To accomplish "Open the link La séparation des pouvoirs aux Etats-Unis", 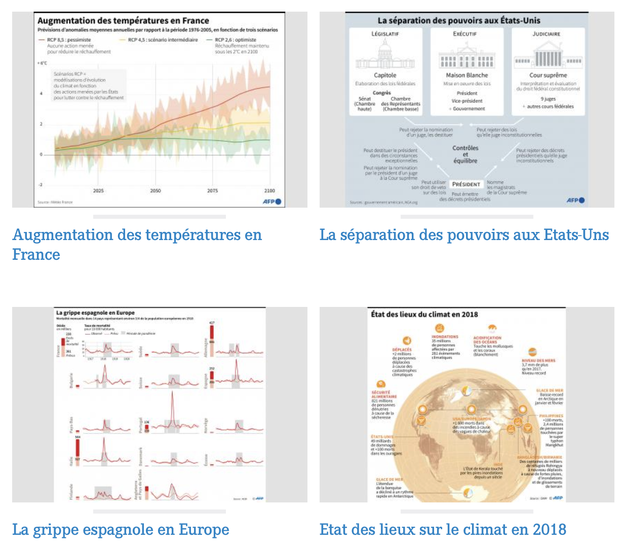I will point(464,235).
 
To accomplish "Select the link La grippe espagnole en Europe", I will point(121,530).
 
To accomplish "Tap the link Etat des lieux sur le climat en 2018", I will point(443,530).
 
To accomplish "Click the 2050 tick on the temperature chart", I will point(155,190).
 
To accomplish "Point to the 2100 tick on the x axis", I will point(269,190).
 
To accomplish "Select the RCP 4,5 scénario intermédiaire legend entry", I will point(162,40).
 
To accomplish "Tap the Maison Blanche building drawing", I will point(466,57).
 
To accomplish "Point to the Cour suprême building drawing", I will point(548,57).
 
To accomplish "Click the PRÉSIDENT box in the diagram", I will point(466,184).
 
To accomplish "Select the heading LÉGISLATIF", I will point(385,34).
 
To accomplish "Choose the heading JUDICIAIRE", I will point(547,34).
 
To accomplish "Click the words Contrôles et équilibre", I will point(465,154).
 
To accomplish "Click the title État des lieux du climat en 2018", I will point(424,314).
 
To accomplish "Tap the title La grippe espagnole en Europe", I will point(95,313).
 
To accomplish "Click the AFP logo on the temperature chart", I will point(271,201).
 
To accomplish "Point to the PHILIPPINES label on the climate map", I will point(551,416).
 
